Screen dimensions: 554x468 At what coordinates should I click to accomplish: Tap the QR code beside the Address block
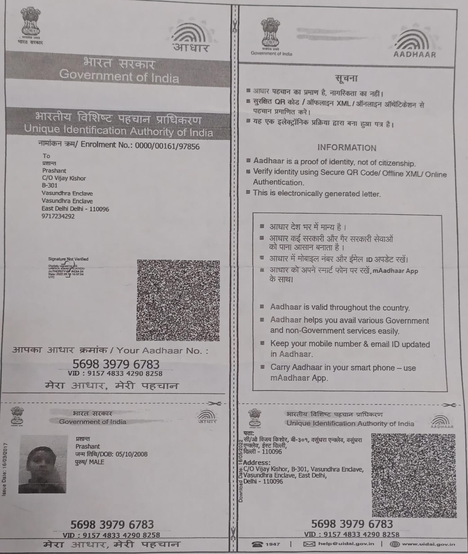(414, 475)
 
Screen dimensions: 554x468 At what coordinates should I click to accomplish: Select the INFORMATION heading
(347, 148)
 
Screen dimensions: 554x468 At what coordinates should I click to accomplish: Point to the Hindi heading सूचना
(346, 79)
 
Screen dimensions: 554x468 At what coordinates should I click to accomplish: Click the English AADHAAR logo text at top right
(415, 55)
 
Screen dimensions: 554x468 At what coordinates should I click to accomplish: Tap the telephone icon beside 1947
(258, 544)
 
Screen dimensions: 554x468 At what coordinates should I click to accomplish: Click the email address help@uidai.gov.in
(346, 544)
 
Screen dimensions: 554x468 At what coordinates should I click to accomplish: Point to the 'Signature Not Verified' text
(68, 259)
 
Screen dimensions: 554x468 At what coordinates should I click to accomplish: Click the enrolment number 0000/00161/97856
(167, 146)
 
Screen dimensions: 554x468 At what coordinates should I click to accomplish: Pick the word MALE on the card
(97, 462)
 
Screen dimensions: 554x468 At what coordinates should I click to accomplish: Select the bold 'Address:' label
(256, 463)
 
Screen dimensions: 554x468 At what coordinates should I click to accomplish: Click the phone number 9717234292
(58, 216)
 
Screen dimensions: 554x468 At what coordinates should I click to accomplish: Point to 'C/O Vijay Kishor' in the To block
(64, 178)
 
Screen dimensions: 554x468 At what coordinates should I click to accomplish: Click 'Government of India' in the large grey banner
(119, 76)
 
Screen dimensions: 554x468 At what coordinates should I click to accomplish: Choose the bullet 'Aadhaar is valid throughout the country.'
(340, 307)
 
